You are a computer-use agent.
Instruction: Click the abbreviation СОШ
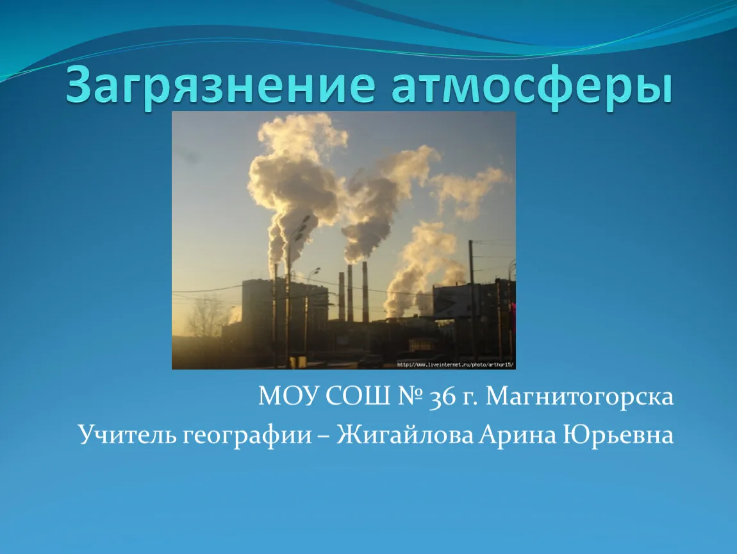(358, 396)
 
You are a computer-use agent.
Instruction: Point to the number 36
(443, 398)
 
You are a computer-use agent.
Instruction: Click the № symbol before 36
(410, 396)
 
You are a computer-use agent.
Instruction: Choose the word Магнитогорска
(579, 398)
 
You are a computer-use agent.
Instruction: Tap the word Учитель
(127, 435)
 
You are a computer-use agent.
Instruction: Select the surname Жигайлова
(405, 435)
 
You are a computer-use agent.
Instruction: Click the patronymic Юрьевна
(618, 435)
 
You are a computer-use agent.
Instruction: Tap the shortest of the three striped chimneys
(342, 296)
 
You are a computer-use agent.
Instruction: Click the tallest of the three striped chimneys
(365, 292)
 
